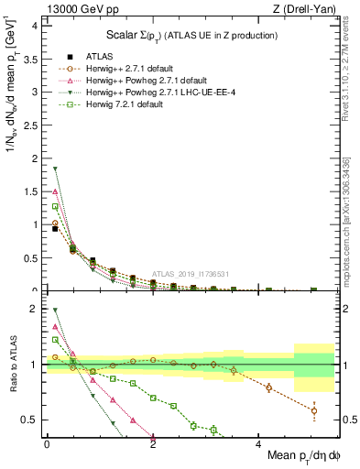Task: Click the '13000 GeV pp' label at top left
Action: click(x=71, y=9)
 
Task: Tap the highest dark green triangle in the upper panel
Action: click(x=55, y=169)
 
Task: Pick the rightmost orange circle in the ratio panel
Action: click(x=314, y=410)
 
